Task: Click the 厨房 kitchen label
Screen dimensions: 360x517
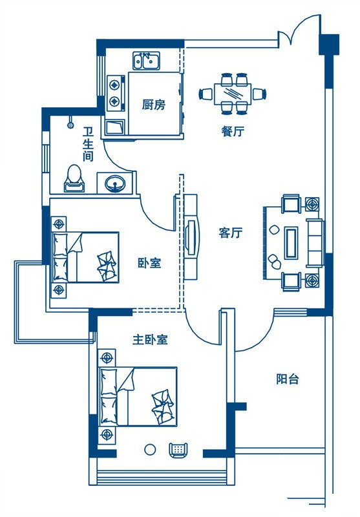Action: [x=154, y=105]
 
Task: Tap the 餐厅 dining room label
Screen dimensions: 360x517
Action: [x=233, y=131]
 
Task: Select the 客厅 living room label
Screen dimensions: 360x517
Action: [x=231, y=233]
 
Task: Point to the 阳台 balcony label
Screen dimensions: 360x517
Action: [x=288, y=379]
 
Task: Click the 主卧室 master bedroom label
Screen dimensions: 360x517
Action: [x=151, y=339]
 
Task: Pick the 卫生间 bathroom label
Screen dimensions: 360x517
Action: [x=88, y=144]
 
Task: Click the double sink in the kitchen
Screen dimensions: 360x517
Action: [x=146, y=61]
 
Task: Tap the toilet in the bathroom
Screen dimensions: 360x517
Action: [x=74, y=178]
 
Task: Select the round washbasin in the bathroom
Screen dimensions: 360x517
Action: [x=115, y=183]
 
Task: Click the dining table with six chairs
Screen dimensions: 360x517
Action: [x=233, y=94]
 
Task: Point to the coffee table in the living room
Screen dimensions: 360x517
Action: [x=291, y=243]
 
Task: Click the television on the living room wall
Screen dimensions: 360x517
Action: [x=191, y=237]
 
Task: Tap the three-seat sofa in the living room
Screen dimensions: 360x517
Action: [x=315, y=243]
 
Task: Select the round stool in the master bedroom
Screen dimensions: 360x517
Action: [x=150, y=450]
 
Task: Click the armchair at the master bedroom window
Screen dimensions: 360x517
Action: [x=178, y=450]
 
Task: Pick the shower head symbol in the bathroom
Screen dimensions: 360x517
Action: [x=70, y=122]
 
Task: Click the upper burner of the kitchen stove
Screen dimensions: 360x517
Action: [x=114, y=85]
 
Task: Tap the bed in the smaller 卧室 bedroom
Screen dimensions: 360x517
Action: [x=85, y=257]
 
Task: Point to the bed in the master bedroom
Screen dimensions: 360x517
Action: [x=139, y=397]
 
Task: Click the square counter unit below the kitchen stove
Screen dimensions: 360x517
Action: [x=115, y=127]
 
